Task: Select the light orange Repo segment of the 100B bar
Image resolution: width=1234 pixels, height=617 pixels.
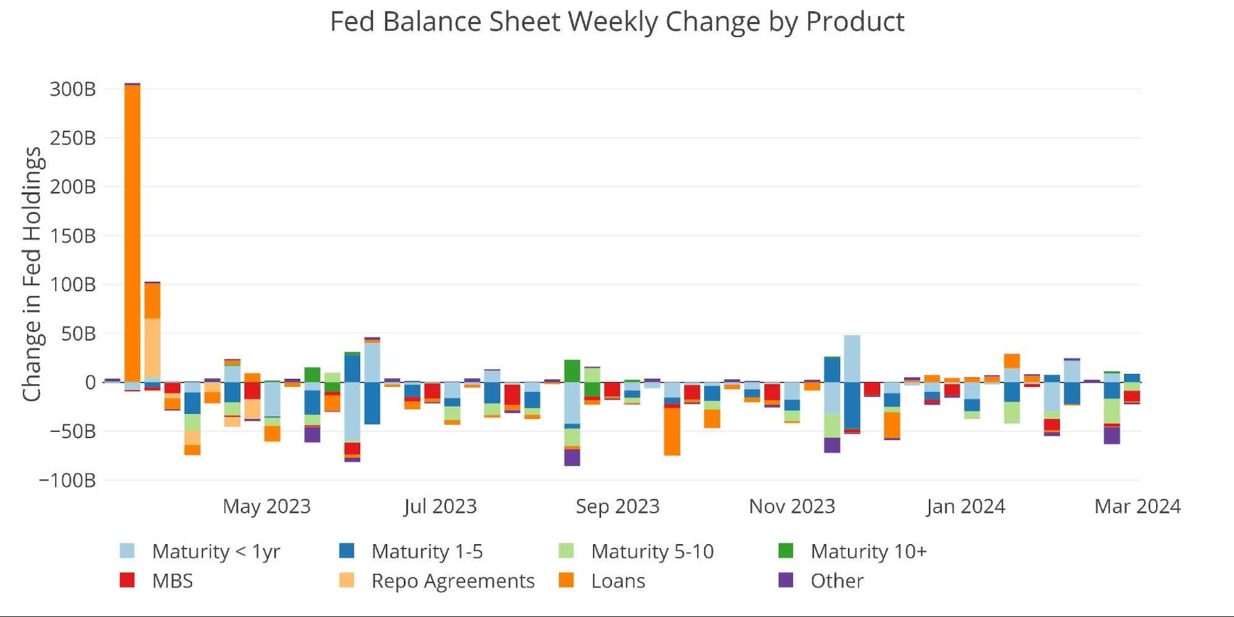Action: (x=152, y=349)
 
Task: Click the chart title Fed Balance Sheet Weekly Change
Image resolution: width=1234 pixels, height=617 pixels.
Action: (x=616, y=22)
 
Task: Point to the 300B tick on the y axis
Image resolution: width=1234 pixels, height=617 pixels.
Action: (x=73, y=89)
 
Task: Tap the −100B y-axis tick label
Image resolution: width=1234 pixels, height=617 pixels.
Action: (x=67, y=480)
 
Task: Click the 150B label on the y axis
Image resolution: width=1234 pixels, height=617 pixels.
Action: (x=73, y=236)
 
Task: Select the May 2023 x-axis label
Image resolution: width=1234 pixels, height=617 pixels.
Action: (x=266, y=507)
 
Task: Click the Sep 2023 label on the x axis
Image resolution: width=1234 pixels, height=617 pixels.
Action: (x=617, y=507)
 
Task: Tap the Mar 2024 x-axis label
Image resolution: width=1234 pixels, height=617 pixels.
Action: (x=1136, y=507)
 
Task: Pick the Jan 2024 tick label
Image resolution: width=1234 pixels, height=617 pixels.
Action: (x=965, y=507)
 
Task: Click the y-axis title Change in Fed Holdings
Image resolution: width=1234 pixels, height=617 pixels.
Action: (x=31, y=275)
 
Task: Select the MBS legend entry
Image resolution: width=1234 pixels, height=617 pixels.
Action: (x=172, y=581)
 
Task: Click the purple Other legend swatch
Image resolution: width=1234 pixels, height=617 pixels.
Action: (x=785, y=580)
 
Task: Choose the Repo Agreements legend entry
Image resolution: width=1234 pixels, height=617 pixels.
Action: (x=452, y=581)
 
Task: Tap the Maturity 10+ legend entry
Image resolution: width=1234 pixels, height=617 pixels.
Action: (x=868, y=551)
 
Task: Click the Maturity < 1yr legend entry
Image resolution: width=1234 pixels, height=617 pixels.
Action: (x=216, y=551)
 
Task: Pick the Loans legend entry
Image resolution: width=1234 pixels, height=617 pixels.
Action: (x=618, y=581)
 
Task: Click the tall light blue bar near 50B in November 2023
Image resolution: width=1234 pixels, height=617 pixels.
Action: (x=852, y=358)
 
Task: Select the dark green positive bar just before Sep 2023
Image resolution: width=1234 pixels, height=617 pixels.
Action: (x=572, y=371)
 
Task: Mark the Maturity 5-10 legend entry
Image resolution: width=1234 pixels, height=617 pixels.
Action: (x=652, y=551)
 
